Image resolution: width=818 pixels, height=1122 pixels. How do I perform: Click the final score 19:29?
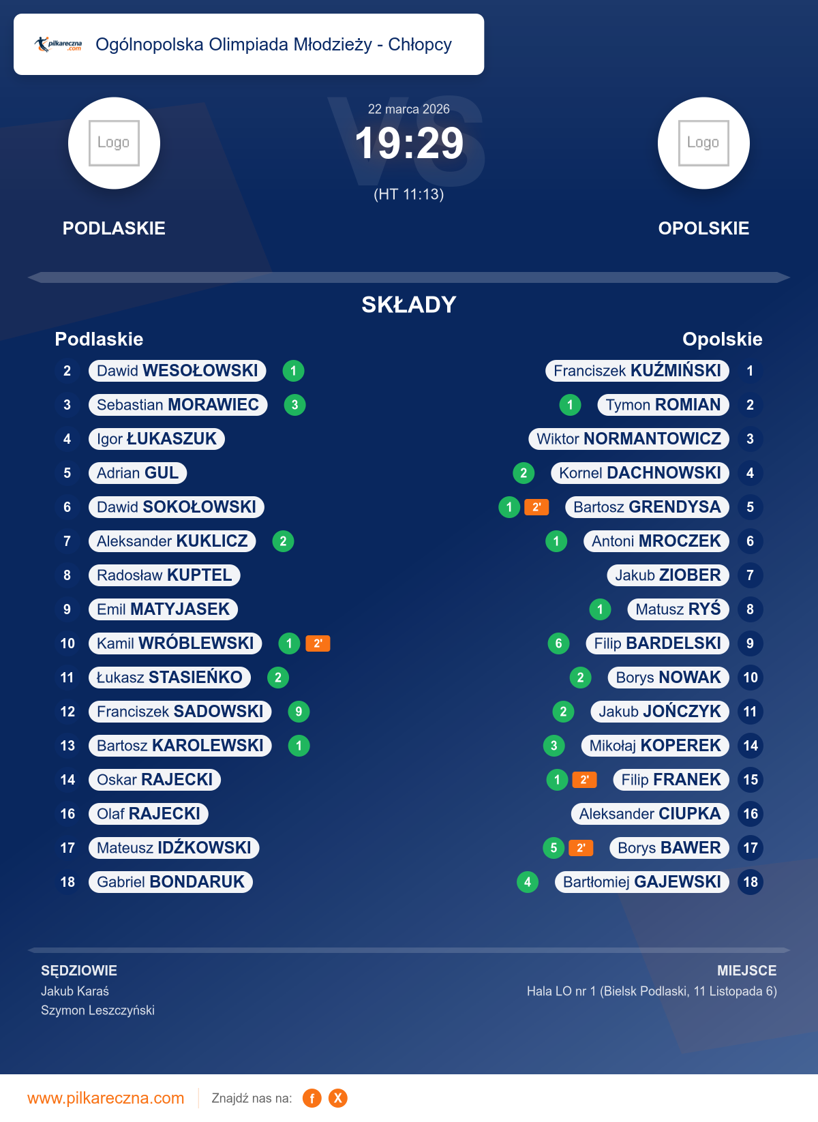(409, 144)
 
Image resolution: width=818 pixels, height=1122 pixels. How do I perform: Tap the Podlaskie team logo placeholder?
(114, 143)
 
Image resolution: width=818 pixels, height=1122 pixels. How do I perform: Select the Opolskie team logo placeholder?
(703, 143)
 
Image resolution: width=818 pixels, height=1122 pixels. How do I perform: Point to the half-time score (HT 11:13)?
(409, 194)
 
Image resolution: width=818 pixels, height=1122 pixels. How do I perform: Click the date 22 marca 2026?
(409, 109)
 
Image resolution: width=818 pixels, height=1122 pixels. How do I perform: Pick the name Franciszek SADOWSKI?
(180, 712)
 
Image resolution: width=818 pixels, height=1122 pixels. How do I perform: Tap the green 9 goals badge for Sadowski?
(299, 712)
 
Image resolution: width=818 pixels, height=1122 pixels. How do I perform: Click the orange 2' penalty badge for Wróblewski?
(318, 643)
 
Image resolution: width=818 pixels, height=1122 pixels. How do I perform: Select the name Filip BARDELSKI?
(657, 643)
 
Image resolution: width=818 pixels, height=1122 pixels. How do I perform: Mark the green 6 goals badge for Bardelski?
(558, 643)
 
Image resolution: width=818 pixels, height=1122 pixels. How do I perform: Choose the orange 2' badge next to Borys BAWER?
(581, 848)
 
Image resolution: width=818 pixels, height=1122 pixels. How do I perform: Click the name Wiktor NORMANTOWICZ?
(628, 439)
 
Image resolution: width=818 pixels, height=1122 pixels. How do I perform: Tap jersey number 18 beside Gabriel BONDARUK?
(67, 882)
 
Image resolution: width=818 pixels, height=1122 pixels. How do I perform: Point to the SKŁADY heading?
(409, 305)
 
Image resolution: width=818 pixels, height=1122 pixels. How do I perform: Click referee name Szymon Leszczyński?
(97, 1010)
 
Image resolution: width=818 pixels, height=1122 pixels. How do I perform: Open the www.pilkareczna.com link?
(106, 1098)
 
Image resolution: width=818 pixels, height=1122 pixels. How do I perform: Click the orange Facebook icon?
(312, 1098)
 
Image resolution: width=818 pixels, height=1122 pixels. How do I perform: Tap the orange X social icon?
(337, 1098)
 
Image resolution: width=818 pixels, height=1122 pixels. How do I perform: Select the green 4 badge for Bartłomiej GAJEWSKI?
(528, 882)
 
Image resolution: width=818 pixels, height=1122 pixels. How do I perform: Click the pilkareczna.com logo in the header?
(59, 45)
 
